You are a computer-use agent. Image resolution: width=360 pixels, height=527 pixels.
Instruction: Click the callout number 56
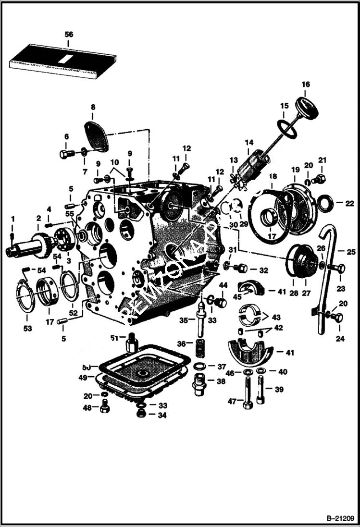click(x=69, y=34)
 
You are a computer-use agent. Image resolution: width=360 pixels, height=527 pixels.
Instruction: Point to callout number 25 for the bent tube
click(x=351, y=251)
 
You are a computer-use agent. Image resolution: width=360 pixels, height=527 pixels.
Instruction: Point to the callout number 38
click(x=221, y=381)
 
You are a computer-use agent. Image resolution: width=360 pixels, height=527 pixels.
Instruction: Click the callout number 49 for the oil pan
click(x=83, y=378)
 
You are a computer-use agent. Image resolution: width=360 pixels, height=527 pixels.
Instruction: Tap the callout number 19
click(x=295, y=170)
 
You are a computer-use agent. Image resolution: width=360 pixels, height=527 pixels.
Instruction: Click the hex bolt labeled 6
click(x=66, y=154)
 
